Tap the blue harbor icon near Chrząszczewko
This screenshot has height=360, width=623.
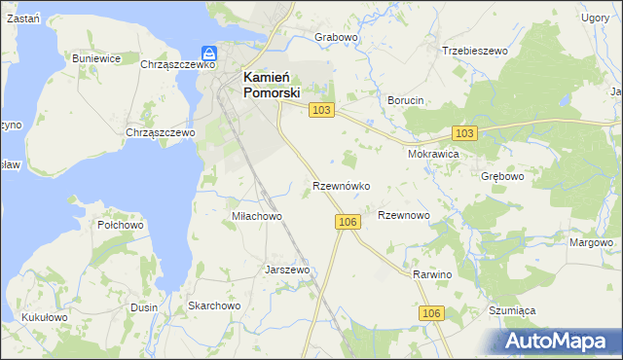coord(208,53)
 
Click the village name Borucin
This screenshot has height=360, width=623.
coord(406,100)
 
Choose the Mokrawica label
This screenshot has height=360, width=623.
coord(433,154)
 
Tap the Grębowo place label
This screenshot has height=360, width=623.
coord(502,177)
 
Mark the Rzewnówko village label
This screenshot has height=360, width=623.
coord(340,185)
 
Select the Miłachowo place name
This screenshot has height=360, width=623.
coord(256,216)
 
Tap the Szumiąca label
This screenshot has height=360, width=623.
coord(513,310)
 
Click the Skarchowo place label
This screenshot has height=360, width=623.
coord(214,306)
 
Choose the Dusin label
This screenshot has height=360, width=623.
coord(144,306)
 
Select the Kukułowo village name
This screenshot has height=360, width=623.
coord(43,317)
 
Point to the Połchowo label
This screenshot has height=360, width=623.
coord(121,225)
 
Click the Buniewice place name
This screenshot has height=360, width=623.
coord(96,58)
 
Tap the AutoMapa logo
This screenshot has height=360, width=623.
coord(559,342)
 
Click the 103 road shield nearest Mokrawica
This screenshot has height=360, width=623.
coord(464,132)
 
